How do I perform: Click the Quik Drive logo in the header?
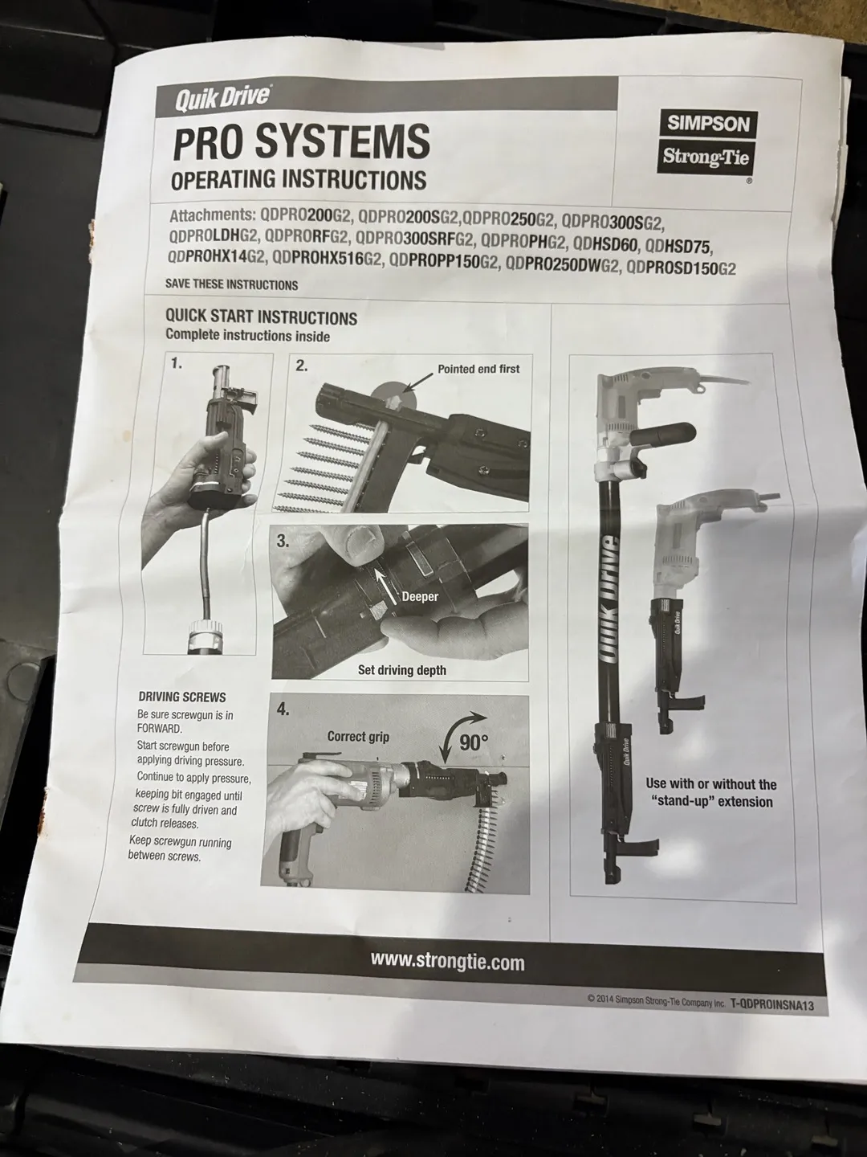222,99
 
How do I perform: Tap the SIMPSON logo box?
709,124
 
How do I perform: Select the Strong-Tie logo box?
706,157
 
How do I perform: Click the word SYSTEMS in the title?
342,141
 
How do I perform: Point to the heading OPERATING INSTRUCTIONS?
299,179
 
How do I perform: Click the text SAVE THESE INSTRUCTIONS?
232,284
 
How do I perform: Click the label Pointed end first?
478,369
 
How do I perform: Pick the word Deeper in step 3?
420,597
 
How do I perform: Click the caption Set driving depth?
401,670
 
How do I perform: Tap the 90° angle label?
474,742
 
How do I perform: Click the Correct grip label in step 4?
358,736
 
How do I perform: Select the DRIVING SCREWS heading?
181,697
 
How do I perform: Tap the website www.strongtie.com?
447,962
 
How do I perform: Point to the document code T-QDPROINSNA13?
771,1004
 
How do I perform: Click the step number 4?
283,710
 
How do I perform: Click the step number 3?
283,541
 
